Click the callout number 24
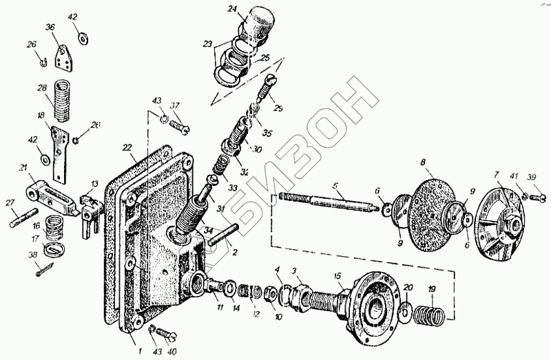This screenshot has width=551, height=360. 232,9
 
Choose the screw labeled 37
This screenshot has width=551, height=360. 180,127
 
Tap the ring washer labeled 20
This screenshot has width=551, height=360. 406,309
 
